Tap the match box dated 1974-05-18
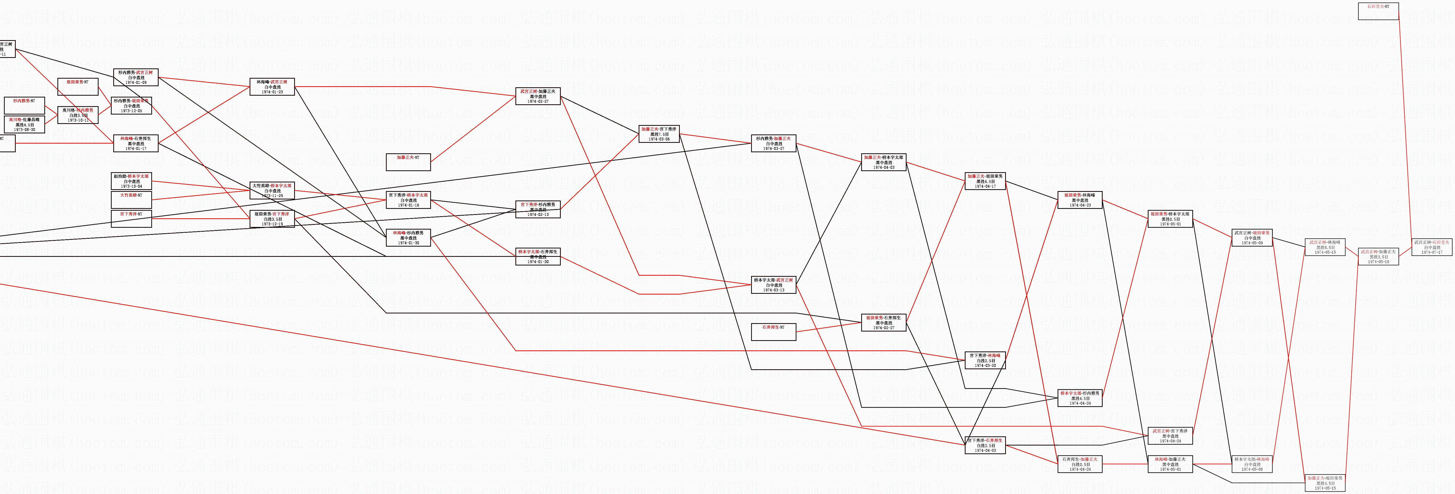1378,256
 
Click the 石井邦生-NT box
773,332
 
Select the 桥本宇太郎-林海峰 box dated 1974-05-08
1252,464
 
